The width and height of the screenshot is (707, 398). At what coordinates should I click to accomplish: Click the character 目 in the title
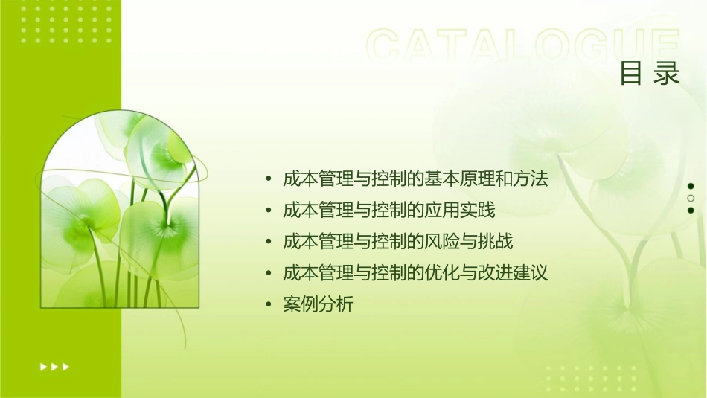pos(631,73)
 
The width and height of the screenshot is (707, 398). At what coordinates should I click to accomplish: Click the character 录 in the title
pos(668,73)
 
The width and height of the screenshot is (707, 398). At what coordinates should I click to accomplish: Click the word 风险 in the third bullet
pos(442,242)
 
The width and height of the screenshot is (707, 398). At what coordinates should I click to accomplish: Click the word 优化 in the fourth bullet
pos(442,274)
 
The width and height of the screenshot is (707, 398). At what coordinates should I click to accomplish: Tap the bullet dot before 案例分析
pos(269,306)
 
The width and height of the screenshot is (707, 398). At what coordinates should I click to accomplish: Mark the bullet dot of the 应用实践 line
pos(269,211)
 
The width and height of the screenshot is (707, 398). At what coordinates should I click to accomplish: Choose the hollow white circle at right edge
pos(691,199)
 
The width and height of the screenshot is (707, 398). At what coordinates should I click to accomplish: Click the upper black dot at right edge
pos(691,186)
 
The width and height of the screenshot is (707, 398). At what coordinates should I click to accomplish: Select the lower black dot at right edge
pos(691,211)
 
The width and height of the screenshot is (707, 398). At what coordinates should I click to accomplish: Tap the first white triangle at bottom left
pos(42,366)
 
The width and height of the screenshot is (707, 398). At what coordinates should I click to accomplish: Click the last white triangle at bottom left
pos(66,366)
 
